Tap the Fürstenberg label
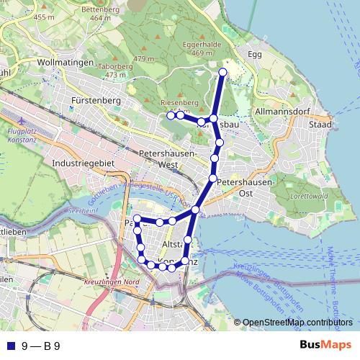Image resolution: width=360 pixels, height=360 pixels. pos(96,101)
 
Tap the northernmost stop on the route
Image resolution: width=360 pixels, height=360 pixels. pos(222,73)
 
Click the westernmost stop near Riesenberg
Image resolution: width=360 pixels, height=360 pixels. pos(171,115)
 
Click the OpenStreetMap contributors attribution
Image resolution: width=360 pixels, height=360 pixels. pos(297,322)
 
